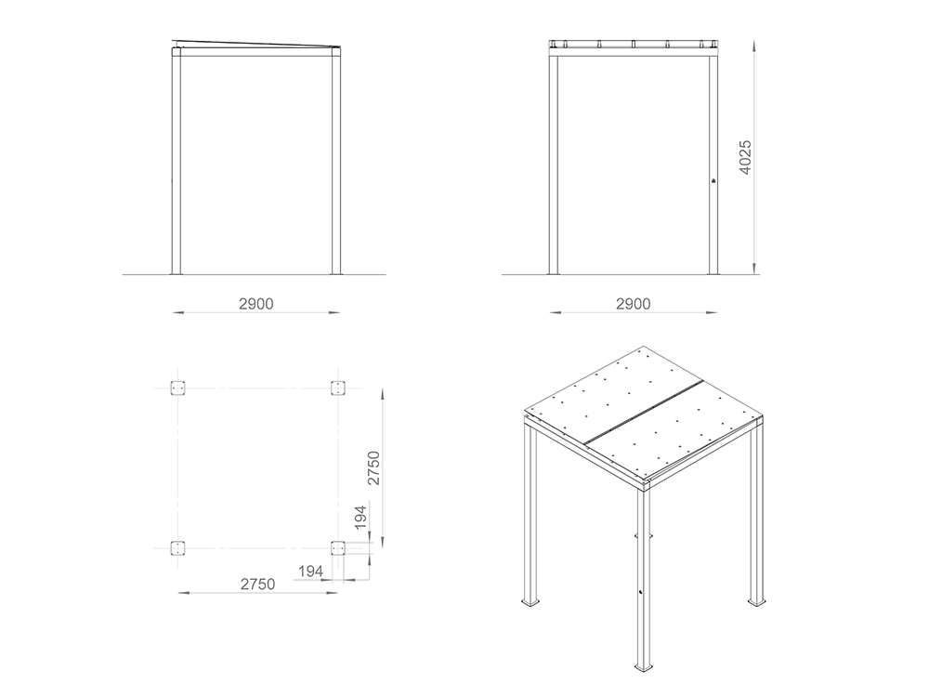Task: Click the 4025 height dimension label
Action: [x=745, y=157]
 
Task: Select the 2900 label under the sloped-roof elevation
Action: [x=256, y=304]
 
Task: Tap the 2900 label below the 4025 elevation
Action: [x=634, y=304]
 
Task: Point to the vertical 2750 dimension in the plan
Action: [x=373, y=467]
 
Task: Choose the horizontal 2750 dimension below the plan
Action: [x=257, y=585]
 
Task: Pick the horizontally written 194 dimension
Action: [x=310, y=572]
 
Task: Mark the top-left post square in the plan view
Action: [x=177, y=388]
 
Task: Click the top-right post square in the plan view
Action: [x=338, y=388]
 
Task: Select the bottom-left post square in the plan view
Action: [x=177, y=548]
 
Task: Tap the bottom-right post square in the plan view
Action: [x=338, y=548]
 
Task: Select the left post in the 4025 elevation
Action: [x=554, y=164]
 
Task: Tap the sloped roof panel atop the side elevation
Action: [x=257, y=44]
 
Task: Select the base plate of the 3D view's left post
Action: [x=530, y=602]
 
